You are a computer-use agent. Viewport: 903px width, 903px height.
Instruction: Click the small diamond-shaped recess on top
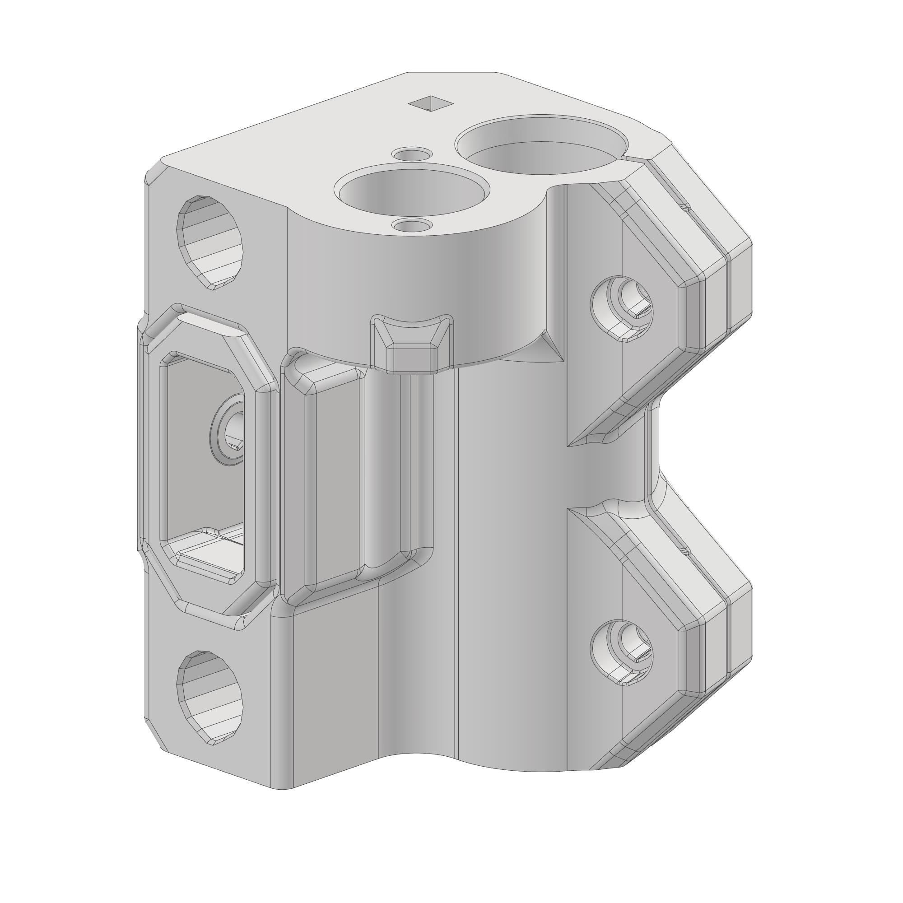[430, 103]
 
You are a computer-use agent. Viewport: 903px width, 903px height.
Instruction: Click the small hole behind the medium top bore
[411, 154]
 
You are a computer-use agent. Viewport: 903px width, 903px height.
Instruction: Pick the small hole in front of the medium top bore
[411, 226]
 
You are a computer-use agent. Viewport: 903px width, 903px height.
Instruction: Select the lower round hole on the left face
[210, 696]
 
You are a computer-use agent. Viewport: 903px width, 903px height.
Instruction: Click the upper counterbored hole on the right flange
[622, 308]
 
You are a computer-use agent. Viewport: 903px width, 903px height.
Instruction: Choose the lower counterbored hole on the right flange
[622, 652]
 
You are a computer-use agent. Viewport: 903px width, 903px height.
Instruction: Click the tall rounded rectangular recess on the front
[335, 477]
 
